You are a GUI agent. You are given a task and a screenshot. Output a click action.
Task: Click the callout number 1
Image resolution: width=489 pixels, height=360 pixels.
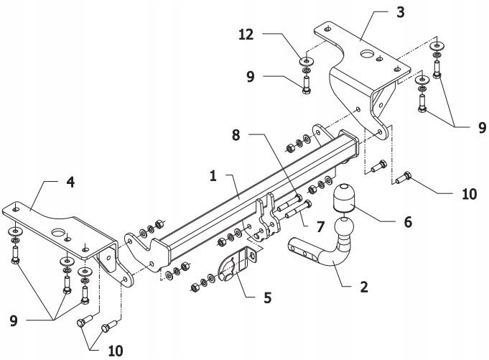tap(213, 175)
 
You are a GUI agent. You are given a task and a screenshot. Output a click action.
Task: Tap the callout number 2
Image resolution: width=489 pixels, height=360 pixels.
tap(364, 287)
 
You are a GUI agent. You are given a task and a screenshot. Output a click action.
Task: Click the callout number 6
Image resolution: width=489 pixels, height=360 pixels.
tap(407, 221)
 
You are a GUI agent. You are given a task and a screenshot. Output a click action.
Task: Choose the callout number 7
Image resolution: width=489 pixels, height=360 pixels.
tap(320, 227)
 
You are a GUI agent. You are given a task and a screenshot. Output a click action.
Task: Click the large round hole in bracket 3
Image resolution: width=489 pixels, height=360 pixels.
tap(367, 53)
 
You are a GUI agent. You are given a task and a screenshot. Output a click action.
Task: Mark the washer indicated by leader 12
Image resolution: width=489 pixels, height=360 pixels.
tap(307, 60)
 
